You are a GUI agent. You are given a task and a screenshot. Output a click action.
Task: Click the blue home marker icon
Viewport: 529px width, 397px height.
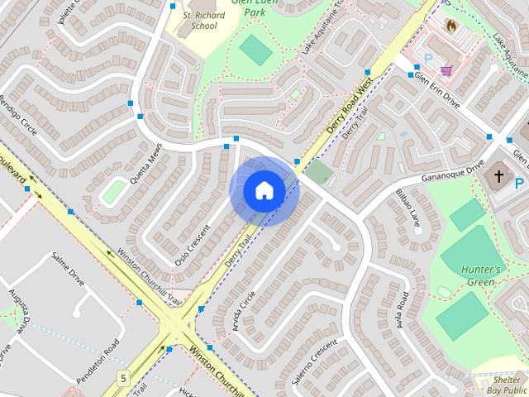click(x=264, y=191)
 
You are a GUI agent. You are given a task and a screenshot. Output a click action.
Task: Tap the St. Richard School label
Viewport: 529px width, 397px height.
click(x=198, y=20)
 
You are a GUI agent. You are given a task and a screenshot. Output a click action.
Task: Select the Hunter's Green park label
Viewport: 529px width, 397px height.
click(x=481, y=276)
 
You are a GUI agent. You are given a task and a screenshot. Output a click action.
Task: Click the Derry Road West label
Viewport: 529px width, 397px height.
click(x=350, y=108)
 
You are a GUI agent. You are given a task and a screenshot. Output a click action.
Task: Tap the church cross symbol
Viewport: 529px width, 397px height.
click(x=498, y=175)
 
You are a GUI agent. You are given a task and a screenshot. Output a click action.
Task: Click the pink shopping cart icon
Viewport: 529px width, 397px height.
click(x=446, y=70)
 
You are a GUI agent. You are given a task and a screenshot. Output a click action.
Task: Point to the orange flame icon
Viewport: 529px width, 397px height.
click(x=450, y=26)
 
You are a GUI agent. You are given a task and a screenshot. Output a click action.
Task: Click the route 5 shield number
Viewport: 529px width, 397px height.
click(x=123, y=379)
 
